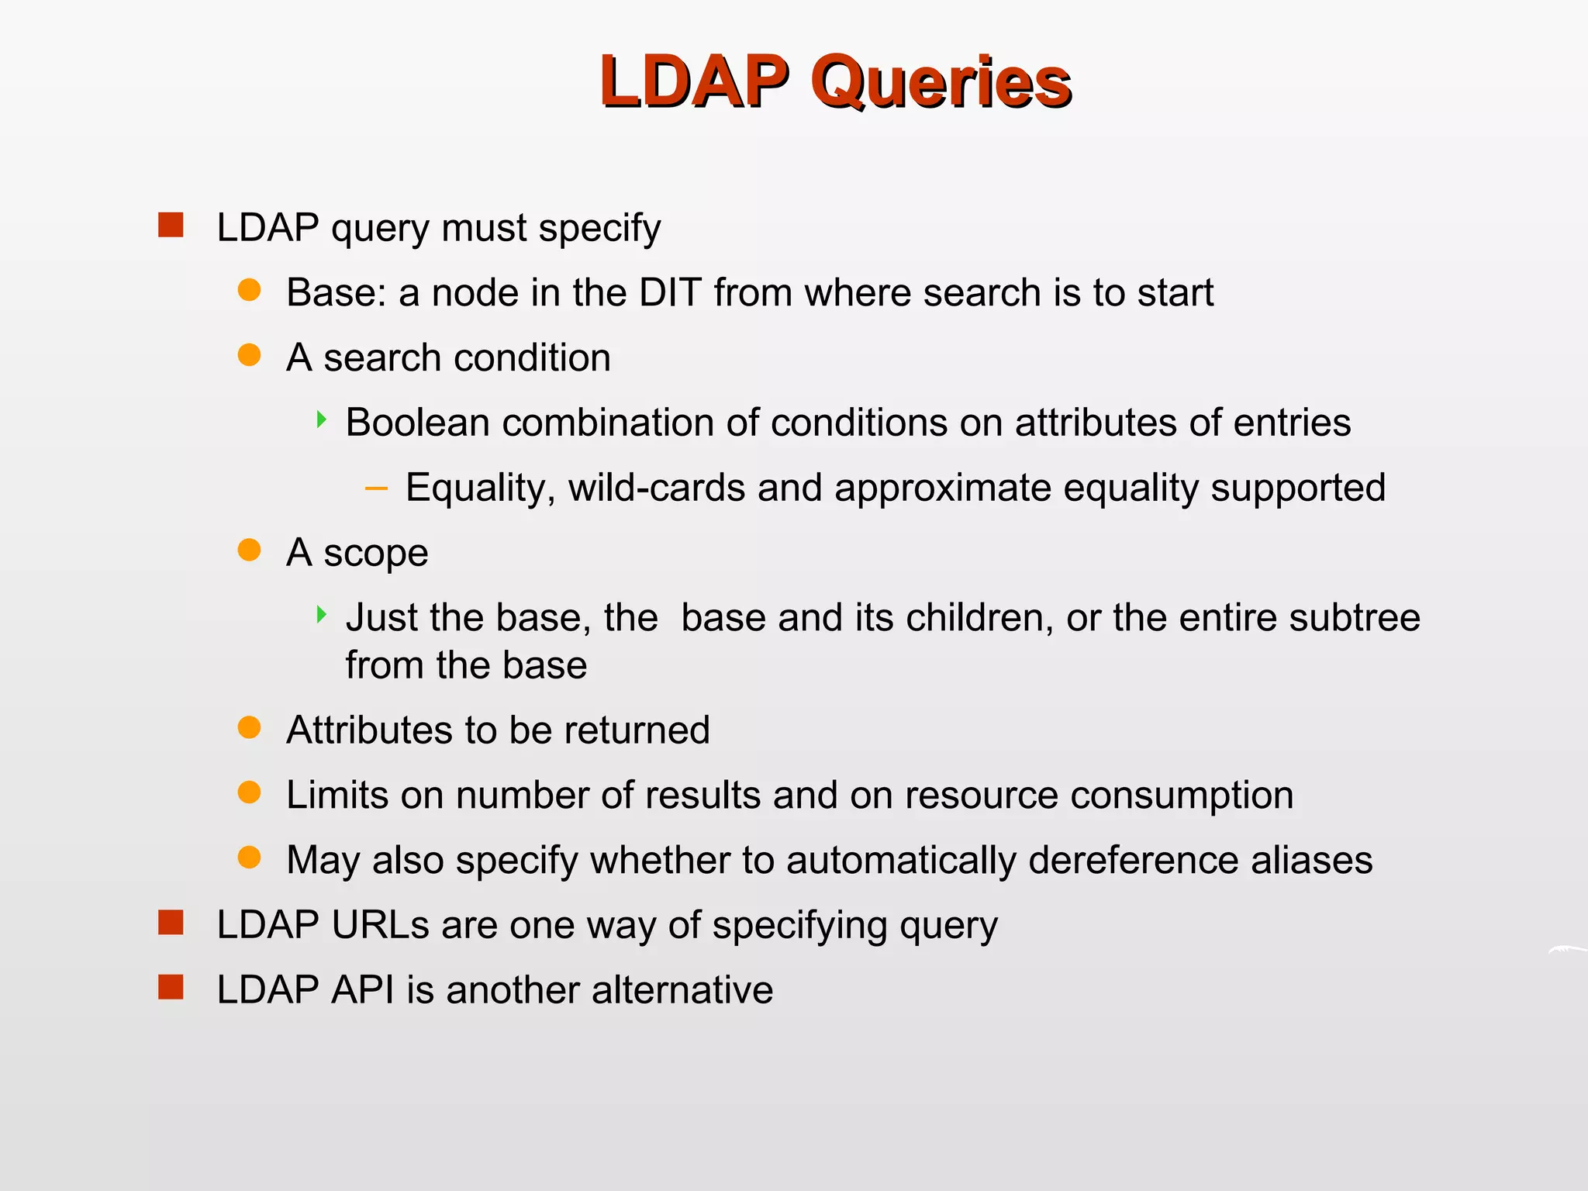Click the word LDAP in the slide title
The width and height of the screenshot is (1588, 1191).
(694, 81)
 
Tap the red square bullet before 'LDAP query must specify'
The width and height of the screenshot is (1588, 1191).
(171, 226)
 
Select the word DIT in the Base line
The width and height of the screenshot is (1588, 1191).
(670, 293)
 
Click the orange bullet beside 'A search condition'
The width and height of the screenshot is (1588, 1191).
(249, 355)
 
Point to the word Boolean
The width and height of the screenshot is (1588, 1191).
(417, 423)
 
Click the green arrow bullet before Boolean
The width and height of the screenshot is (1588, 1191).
(321, 420)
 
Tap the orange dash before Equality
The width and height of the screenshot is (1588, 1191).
(376, 488)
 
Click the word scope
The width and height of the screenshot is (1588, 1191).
(375, 554)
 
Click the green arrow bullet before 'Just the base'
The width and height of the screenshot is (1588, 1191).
(321, 616)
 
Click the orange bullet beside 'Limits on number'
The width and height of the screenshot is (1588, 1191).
(249, 792)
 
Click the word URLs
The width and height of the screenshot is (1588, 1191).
(380, 925)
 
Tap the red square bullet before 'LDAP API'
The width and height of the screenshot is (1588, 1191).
(171, 988)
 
